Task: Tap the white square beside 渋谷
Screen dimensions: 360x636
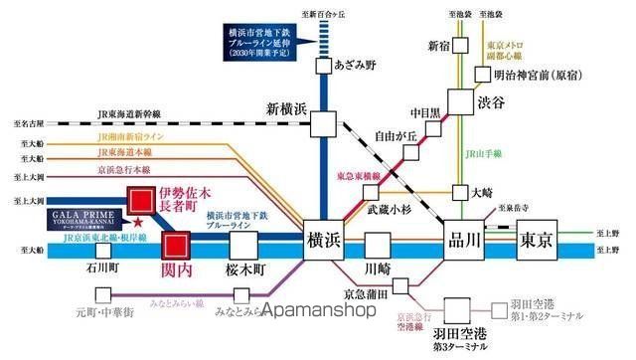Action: (460, 100)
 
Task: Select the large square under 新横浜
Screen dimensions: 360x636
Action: (323, 123)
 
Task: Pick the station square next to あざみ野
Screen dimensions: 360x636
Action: (323, 66)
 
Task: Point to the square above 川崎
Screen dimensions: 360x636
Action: (377, 245)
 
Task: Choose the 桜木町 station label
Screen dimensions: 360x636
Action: (239, 269)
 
